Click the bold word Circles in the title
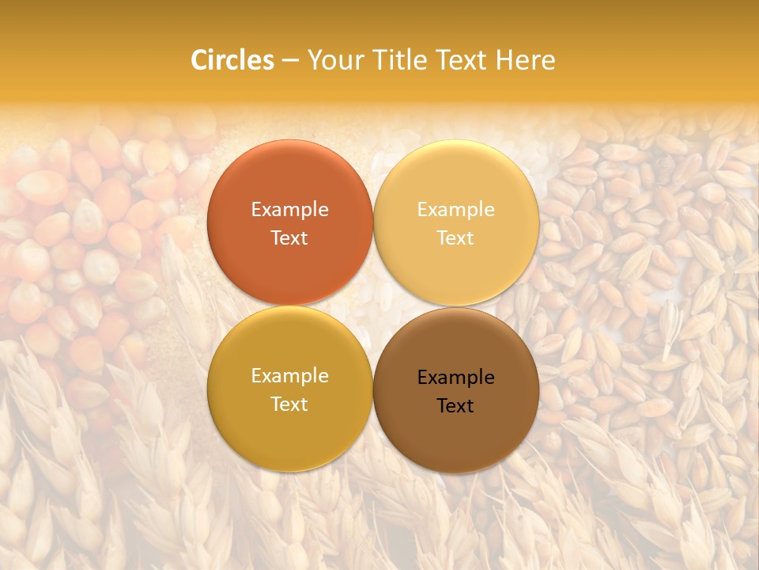[232, 60]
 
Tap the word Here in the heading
[526, 60]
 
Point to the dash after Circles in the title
[290, 61]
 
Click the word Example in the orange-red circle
[289, 209]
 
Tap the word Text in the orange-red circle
[289, 237]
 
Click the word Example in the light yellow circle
[456, 209]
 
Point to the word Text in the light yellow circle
[456, 237]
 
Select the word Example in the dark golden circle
[289, 375]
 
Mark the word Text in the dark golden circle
[289, 404]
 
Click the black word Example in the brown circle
[456, 377]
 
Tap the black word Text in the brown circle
[456, 405]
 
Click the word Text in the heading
[462, 60]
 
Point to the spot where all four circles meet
[373, 306]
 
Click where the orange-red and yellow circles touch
[373, 223]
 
